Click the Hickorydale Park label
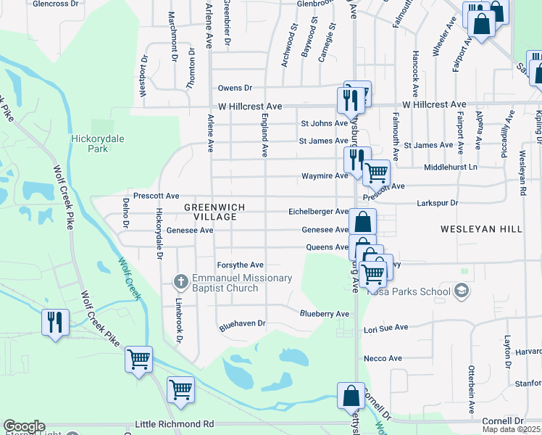tap(89, 144)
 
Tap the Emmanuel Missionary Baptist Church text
tap(242, 283)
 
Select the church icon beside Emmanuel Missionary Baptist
tap(181, 280)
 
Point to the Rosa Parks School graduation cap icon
tap(460, 291)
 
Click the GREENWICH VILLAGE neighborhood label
tap(214, 212)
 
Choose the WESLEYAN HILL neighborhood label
tap(481, 229)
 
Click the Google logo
tap(24, 426)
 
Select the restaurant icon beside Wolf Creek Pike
tap(55, 322)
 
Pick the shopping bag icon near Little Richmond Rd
tap(351, 397)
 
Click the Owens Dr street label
tap(235, 88)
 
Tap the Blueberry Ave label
tap(325, 314)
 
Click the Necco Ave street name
tap(383, 359)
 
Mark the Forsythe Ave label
tap(241, 265)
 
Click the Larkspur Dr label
tap(438, 204)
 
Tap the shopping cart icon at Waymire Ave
tap(376, 173)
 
